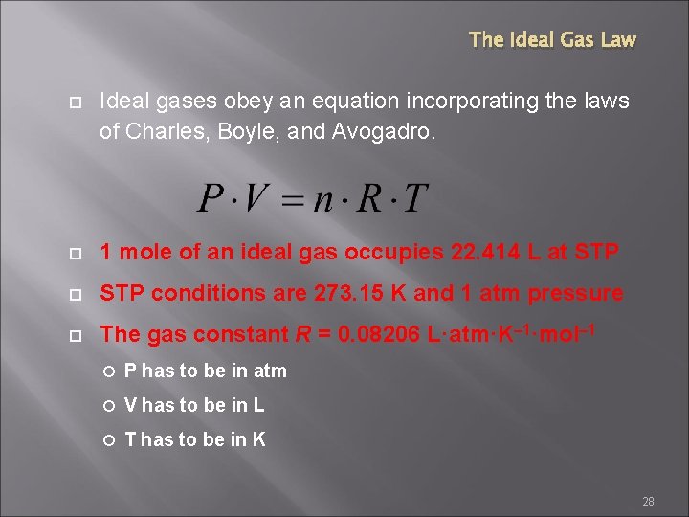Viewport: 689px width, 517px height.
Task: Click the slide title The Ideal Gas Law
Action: [x=552, y=40]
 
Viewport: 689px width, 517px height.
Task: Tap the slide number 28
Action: [x=648, y=502]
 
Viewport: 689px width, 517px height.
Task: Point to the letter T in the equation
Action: [x=413, y=199]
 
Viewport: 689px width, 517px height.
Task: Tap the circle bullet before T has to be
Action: [x=111, y=440]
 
